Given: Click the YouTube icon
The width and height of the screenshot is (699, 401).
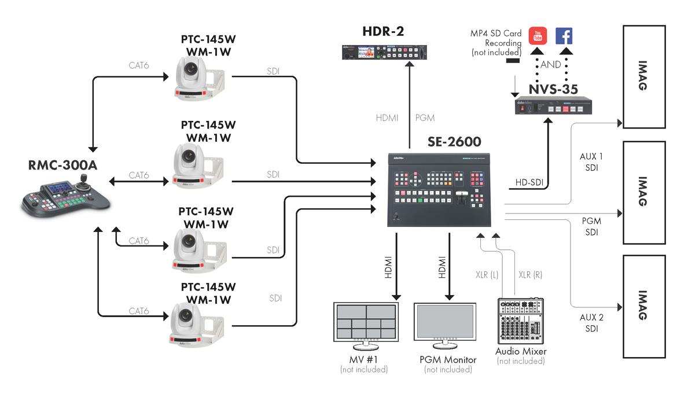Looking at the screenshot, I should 538,35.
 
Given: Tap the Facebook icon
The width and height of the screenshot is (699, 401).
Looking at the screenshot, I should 564,35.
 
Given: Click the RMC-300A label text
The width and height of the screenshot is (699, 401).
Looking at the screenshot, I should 63,165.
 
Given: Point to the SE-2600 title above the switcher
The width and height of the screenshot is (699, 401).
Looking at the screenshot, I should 454,141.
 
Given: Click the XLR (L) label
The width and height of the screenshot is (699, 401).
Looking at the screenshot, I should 485,274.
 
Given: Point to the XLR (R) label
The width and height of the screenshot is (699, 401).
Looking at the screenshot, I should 531,274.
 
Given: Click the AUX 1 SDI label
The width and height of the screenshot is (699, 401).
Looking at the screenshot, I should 591,162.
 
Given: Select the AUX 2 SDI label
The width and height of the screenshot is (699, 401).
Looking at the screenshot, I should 591,323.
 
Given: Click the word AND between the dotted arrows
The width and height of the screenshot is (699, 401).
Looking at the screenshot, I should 551,65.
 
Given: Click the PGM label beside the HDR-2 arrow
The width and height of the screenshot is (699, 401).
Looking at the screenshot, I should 425,117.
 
